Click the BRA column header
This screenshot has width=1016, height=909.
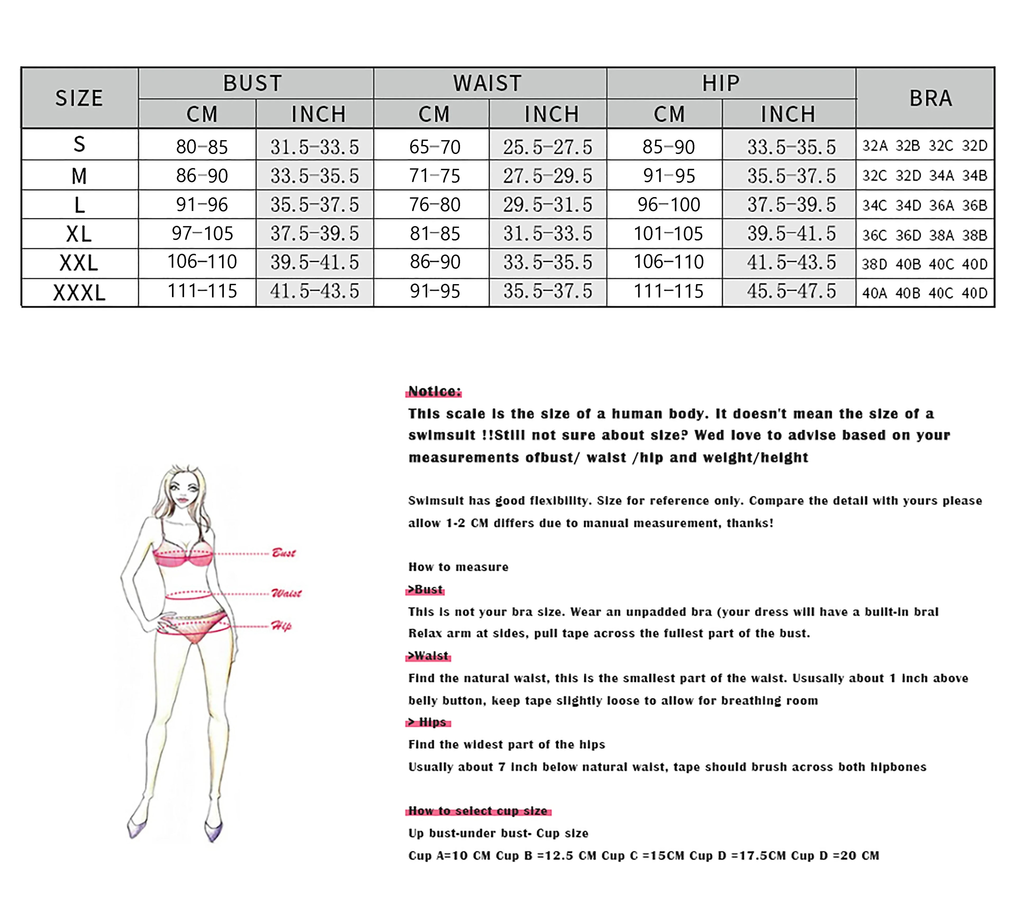(x=930, y=98)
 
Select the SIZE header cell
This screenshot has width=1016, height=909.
(x=79, y=98)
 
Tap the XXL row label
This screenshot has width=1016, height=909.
(x=79, y=263)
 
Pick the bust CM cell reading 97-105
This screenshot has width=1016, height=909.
(x=202, y=233)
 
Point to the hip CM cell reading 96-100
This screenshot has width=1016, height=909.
(x=669, y=204)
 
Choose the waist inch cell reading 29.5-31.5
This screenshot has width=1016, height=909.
(x=547, y=204)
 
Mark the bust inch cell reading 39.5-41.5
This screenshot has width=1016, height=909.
(x=315, y=262)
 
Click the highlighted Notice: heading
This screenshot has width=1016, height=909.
(x=434, y=391)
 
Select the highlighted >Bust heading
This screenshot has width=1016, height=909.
(x=425, y=589)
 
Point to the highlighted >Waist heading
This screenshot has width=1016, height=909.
(x=428, y=656)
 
